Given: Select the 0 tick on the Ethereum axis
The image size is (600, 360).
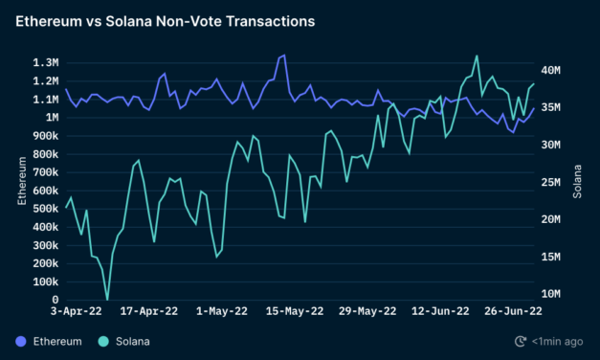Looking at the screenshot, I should [54, 300].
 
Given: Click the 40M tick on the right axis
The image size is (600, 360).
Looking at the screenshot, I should [554, 70].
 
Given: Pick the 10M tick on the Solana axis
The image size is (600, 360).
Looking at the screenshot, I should [554, 294].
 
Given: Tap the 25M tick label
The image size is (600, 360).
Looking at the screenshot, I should [554, 182].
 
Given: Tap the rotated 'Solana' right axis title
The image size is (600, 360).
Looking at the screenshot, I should [577, 181].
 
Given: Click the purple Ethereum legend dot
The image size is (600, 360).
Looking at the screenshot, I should [22, 341].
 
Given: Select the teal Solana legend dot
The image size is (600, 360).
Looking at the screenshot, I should [103, 341].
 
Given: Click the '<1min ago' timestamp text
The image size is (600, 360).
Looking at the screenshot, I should [558, 341].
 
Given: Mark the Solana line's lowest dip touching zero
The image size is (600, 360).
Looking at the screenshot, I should [107, 299].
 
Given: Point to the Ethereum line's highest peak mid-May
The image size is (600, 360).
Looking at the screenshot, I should [283, 56].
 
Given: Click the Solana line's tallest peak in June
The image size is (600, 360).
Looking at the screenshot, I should [477, 56].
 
